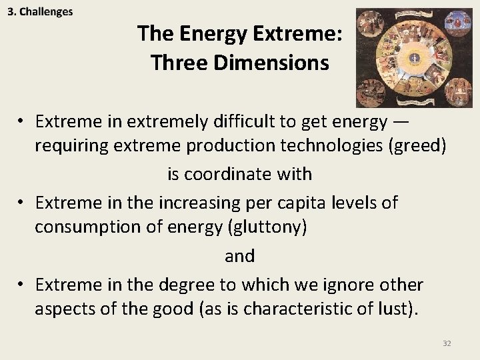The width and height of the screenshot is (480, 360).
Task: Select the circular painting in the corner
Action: coord(413,58)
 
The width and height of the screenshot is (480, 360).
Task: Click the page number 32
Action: coord(447,343)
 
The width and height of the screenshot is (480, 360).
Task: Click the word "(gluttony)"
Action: coord(267,227)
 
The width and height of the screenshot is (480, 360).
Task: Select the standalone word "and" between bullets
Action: coord(239,255)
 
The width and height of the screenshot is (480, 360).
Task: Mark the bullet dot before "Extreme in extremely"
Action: coord(22,121)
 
